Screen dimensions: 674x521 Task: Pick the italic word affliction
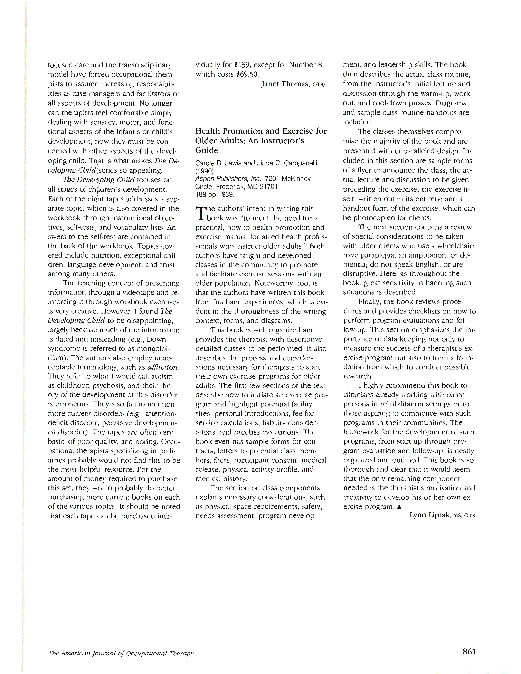[163, 367]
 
